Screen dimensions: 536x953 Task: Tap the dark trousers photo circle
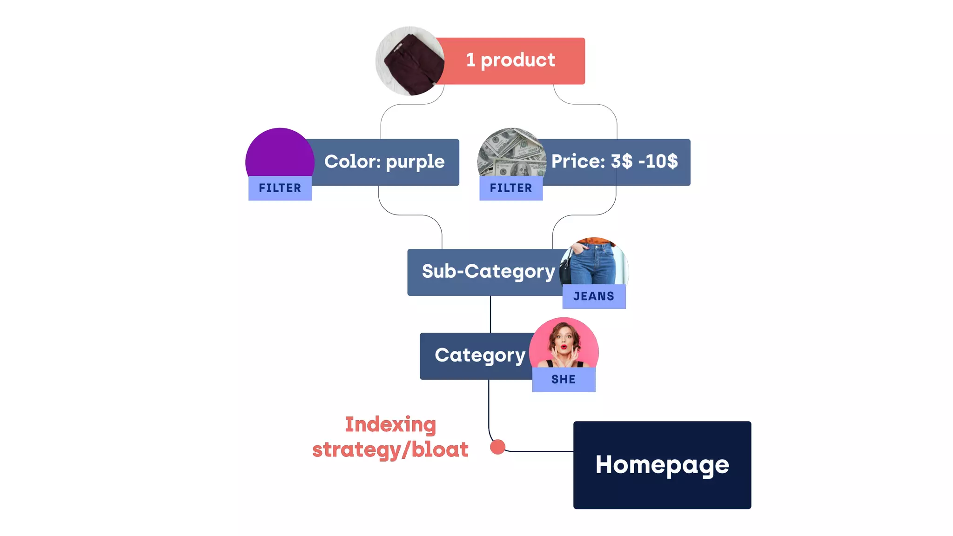point(410,61)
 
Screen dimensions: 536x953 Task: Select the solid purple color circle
point(280,154)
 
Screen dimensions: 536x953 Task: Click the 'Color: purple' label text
point(384,162)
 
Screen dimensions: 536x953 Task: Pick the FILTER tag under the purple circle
point(280,188)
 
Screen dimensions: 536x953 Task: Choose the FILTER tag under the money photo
point(511,188)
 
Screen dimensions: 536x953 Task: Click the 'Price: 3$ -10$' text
point(614,162)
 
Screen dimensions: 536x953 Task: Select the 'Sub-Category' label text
point(488,271)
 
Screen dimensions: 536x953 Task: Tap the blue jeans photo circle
point(594,263)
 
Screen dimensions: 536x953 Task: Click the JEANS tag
point(594,296)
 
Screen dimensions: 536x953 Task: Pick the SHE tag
point(564,380)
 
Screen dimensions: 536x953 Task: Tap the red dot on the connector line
point(497,447)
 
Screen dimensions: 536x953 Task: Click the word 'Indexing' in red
point(390,425)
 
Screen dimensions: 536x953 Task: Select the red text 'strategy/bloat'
point(390,450)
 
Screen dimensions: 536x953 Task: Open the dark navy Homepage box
point(662,465)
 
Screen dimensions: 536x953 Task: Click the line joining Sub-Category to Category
point(490,314)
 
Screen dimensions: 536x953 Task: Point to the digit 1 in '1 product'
point(470,60)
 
